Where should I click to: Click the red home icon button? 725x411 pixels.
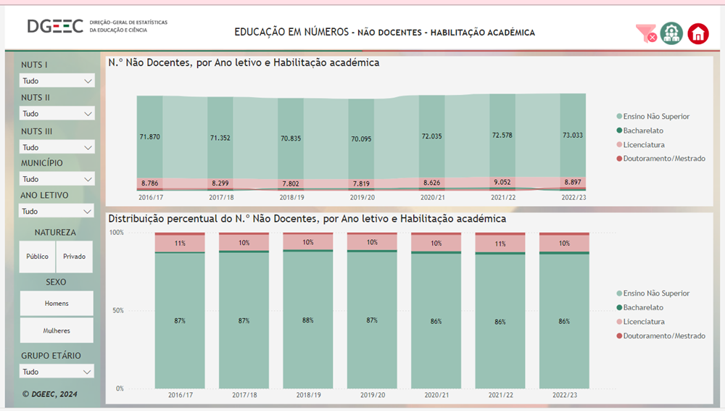697,33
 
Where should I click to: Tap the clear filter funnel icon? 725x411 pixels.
645,33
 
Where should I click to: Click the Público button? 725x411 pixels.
38,257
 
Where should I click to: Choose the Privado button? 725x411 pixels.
75,257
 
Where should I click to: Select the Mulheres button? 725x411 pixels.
57,331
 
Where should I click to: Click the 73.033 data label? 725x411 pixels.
573,136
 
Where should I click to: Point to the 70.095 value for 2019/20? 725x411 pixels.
361,138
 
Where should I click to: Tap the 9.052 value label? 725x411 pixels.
502,183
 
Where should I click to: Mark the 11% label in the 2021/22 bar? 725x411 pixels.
500,244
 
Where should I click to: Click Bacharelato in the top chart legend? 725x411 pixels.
643,130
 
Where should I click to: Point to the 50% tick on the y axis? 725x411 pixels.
116,310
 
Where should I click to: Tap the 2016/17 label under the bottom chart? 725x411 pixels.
180,395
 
